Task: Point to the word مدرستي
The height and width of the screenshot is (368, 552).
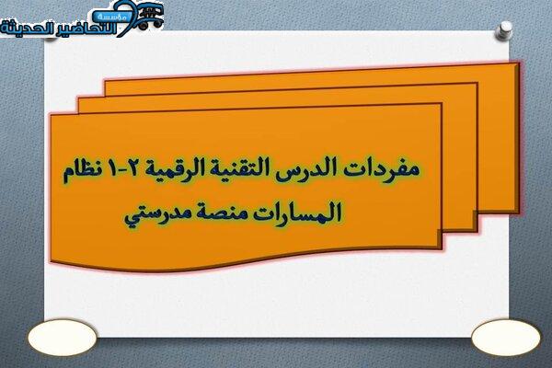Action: [x=158, y=214]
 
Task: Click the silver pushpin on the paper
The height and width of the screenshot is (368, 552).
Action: [x=504, y=29]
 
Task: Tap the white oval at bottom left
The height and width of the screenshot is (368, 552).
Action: [x=62, y=338]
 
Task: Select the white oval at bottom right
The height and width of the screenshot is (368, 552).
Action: [x=505, y=338]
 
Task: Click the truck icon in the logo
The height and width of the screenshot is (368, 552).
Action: [x=150, y=18]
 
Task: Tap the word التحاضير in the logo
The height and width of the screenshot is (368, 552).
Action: [x=85, y=29]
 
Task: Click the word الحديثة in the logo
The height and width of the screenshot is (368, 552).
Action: [x=27, y=28]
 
